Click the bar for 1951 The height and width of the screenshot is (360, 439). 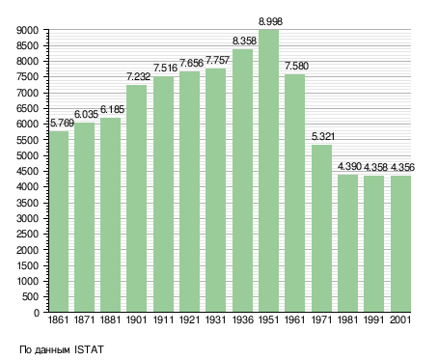pos(268,171)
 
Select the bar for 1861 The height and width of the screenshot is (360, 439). pos(59,221)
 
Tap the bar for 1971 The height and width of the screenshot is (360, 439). pos(321,229)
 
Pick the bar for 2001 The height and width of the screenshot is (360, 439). pos(400,243)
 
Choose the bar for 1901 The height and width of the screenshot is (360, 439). pos(136,199)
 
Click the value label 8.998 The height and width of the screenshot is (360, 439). pos(270,21)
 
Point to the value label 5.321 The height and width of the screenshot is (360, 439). pos(323,136)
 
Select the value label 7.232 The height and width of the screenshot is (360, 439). pos(138,76)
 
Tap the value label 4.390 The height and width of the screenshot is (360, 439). pos(349,167)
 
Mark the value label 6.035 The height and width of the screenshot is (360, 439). pos(86,114)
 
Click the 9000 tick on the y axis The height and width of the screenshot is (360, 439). pos(27,30)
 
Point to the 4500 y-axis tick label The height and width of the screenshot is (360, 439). pos(27,171)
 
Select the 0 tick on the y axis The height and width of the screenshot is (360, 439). pos(36,313)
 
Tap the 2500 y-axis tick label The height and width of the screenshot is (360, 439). pos(27,234)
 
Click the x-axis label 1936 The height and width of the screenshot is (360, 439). pos(242,319)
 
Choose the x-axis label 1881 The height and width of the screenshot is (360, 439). pos(110,319)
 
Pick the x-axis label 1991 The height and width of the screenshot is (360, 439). pos(374,319)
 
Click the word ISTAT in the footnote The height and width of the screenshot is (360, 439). pos(89,349)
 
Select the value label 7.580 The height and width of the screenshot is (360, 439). pos(296,66)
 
